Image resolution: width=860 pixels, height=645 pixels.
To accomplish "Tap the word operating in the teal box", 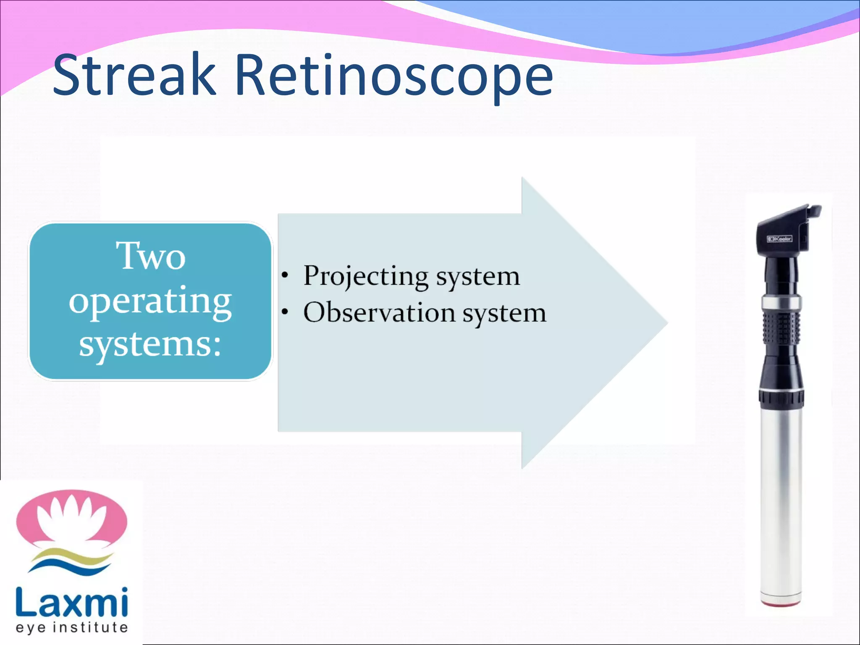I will (x=150, y=302).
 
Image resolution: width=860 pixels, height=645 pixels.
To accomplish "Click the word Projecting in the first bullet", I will (x=365, y=276).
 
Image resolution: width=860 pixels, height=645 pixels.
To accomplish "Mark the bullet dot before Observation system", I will (x=285, y=312).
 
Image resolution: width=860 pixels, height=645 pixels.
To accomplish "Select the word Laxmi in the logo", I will (x=71, y=602).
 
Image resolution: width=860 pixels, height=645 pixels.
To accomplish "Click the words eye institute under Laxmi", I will (x=71, y=628).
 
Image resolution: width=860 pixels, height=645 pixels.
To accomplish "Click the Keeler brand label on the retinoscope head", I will (x=779, y=239).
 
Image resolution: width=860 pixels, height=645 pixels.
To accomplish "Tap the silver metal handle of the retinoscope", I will (x=781, y=504).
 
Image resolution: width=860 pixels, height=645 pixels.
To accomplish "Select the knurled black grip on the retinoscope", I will (x=781, y=328).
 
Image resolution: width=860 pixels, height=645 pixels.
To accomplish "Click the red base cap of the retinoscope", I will (x=781, y=604).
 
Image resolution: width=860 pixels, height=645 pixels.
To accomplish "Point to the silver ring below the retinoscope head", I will (x=781, y=302).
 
